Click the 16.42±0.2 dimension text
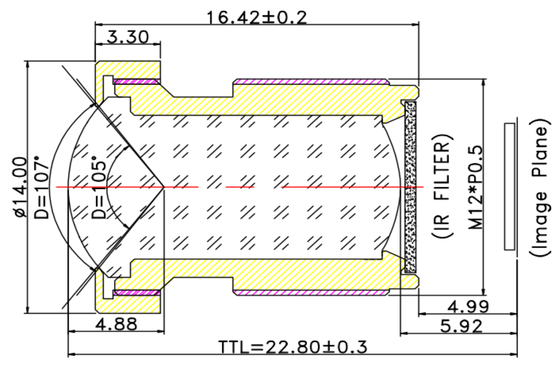[256, 18]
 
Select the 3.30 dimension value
[128, 37]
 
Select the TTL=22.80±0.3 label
[293, 347]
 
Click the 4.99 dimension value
[468, 306]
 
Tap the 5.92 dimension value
[461, 327]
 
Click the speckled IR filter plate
[410, 187]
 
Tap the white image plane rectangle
[509, 186]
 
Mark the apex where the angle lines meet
[164, 187]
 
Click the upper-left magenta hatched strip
[136, 81]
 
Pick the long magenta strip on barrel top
[310, 81]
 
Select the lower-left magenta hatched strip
[136, 293]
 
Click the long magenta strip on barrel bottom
[310, 293]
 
